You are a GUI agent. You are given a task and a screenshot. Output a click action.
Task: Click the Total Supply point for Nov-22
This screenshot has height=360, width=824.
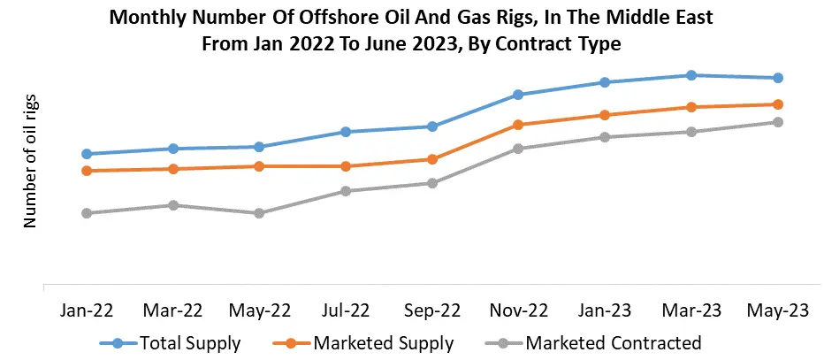coord(519,95)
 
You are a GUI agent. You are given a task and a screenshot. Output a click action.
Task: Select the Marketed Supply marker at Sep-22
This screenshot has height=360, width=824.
coord(432,159)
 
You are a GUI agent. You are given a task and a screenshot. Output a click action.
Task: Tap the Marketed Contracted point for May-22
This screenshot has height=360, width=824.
coord(259,213)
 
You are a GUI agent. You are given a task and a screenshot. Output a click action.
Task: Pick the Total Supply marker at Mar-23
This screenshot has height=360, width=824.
coord(690,75)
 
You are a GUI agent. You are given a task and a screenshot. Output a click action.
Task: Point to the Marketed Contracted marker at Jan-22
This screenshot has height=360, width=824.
coord(87,213)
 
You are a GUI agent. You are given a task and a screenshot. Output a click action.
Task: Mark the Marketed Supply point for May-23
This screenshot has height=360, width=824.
coord(777,104)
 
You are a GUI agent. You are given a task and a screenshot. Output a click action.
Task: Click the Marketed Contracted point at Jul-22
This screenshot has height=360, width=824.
coord(346,191)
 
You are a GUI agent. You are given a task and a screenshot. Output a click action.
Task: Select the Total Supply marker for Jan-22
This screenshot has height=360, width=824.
coord(87,154)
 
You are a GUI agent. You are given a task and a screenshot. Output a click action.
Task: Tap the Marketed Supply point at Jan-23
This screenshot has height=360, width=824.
coord(605,115)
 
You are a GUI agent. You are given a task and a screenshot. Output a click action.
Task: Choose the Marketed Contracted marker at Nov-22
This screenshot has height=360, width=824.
coord(519,149)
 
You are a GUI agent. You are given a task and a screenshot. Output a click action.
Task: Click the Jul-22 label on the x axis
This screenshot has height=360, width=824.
coord(346,310)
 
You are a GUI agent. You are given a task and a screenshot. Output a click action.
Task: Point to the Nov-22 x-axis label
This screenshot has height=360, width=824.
coord(519,310)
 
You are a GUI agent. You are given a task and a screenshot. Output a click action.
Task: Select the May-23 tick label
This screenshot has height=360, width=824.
coord(777,310)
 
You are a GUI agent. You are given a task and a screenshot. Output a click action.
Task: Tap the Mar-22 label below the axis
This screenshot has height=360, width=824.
coord(173,310)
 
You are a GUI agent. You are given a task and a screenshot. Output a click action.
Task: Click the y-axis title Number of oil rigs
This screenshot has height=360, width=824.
coord(30,160)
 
